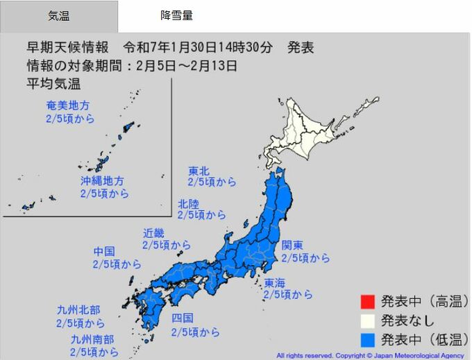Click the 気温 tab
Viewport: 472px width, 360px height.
point(59,16)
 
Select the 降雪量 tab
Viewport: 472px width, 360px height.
point(176,15)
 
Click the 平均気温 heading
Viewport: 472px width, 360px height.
point(53,84)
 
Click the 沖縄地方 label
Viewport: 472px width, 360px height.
point(103,181)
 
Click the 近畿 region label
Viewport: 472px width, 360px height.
point(154,233)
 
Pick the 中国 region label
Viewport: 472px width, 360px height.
point(105,251)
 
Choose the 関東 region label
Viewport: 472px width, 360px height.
point(292,246)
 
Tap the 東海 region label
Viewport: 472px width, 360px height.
point(275,282)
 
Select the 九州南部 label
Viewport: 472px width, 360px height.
point(93,339)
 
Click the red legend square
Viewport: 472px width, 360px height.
point(367,302)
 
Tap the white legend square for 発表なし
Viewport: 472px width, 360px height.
point(367,320)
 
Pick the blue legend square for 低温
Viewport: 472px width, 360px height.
point(367,339)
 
